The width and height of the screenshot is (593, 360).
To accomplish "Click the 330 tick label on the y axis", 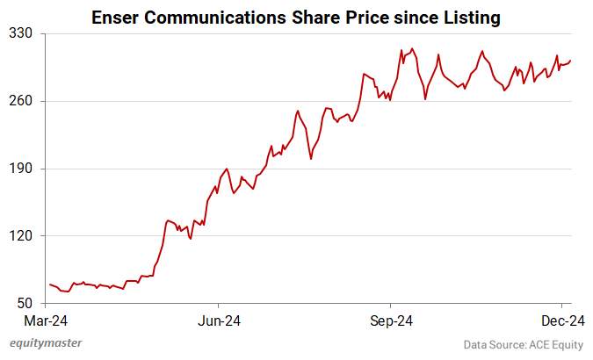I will [21, 33].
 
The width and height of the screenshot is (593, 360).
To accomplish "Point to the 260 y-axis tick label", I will [21, 101].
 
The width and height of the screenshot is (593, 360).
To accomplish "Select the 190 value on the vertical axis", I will [21, 169].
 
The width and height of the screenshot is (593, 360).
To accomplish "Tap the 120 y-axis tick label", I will [21, 236].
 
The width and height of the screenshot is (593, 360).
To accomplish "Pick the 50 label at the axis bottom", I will [25, 304].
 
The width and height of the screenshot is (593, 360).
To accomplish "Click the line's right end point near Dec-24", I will [570, 61].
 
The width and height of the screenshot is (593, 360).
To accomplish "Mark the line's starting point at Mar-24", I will [50, 284].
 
